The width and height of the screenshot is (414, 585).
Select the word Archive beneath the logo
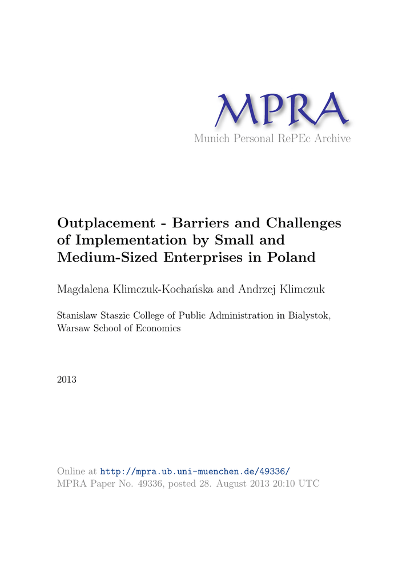332,139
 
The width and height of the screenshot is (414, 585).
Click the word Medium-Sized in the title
108,257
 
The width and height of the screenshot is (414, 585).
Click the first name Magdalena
85,290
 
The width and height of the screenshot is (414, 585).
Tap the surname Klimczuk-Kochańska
164,290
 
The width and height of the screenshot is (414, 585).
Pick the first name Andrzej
258,290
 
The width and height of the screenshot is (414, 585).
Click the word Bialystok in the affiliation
308,316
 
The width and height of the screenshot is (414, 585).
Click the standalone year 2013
67,379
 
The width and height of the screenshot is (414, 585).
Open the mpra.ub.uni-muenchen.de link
195,471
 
